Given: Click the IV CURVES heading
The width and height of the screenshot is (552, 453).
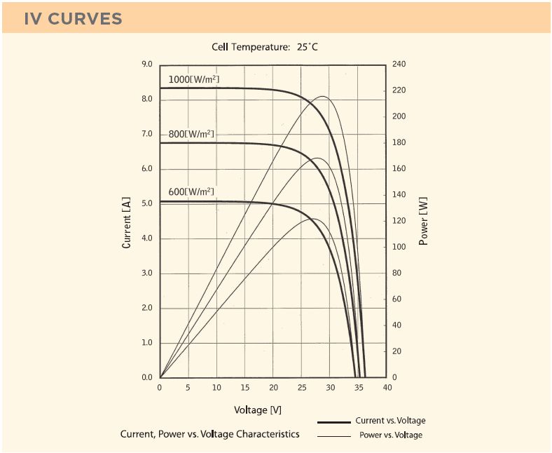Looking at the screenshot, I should (x=73, y=18).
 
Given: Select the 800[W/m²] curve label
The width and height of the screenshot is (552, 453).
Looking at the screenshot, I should (x=191, y=134).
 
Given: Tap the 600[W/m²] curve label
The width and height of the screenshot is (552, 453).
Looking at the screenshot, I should (x=191, y=192).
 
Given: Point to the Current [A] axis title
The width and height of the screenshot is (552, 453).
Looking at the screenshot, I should (x=127, y=222).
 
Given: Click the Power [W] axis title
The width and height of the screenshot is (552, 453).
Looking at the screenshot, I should (x=423, y=221).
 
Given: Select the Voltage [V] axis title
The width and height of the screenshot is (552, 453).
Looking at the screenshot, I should (x=258, y=410).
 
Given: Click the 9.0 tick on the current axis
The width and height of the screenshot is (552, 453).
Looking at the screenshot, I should (x=147, y=65).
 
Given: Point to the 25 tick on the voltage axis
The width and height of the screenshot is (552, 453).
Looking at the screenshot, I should (x=302, y=388).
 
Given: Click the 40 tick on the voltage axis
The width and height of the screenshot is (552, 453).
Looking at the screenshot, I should (x=387, y=388).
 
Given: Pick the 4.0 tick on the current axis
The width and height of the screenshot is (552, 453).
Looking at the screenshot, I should (x=147, y=238).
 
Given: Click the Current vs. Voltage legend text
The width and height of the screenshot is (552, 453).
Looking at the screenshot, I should (x=390, y=421).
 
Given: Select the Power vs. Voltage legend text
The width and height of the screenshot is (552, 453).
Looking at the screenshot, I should (x=391, y=435).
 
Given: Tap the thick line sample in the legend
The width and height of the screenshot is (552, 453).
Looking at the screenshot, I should (x=333, y=422).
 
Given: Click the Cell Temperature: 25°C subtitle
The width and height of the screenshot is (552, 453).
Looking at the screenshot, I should (x=265, y=48).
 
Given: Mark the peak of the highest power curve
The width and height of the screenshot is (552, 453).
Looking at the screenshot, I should (x=323, y=96).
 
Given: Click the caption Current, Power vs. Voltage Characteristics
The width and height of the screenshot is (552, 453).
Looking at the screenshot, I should (x=210, y=434).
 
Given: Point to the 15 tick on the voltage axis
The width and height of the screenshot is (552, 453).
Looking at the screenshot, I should (x=245, y=388).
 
